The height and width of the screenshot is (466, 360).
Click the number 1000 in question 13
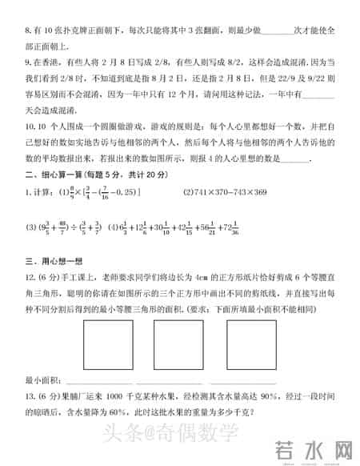point(114,396)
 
